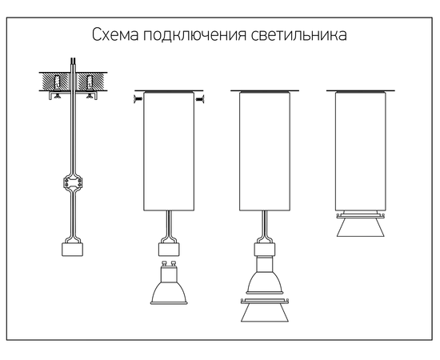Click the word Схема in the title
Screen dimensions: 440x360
pyautogui.click(x=115, y=34)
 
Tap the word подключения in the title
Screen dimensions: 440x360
pyautogui.click(x=194, y=35)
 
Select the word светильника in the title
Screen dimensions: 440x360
pyautogui.click(x=299, y=34)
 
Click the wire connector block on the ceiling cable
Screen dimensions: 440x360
pyautogui.click(x=73, y=182)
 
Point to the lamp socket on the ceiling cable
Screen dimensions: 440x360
pyautogui.click(x=72, y=250)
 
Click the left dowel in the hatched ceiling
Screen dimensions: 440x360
pyautogui.click(x=58, y=82)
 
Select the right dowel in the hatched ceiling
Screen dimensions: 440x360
pyautogui.click(x=90, y=82)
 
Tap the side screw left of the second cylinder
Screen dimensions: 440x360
pyautogui.click(x=138, y=98)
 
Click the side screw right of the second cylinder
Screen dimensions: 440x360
pyautogui.click(x=199, y=98)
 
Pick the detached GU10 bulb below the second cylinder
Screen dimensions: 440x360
pyautogui.click(x=169, y=283)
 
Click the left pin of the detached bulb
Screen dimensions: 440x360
pyautogui.click(x=164, y=264)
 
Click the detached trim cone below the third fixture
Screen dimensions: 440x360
pyautogui.click(x=265, y=310)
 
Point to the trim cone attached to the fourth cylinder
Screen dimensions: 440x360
pyautogui.click(x=361, y=225)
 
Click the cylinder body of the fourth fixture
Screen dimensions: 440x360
pyautogui.click(x=361, y=151)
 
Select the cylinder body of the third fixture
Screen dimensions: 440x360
pyautogui.click(x=265, y=151)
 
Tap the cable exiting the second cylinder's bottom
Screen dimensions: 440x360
pyautogui.click(x=169, y=225)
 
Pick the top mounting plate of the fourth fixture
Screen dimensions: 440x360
pyautogui.click(x=361, y=91)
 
